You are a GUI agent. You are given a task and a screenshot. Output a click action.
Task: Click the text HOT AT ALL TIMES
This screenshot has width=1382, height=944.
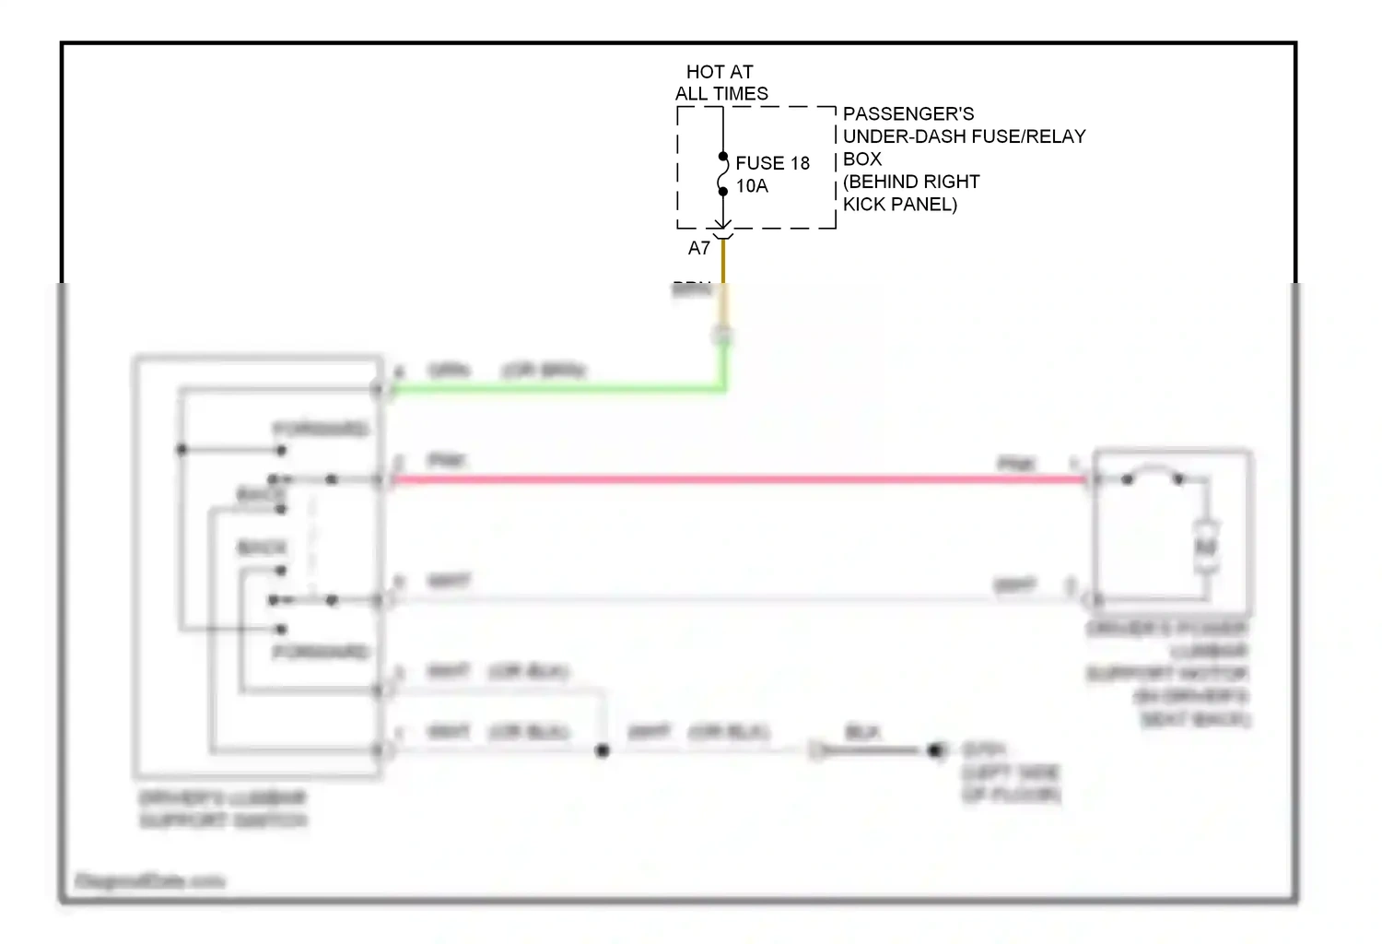[720, 83]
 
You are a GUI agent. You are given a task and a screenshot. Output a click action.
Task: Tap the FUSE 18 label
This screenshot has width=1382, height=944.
[772, 163]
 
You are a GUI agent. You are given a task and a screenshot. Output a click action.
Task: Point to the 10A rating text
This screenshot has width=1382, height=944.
[752, 186]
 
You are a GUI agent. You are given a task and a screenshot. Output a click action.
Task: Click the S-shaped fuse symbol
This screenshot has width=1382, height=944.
[723, 175]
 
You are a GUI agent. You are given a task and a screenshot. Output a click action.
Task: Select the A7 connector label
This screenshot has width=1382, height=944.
[699, 248]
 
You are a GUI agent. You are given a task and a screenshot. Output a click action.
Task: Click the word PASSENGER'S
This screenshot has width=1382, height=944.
[908, 114]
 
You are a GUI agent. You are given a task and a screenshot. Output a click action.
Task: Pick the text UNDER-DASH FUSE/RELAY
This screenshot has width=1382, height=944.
[964, 136]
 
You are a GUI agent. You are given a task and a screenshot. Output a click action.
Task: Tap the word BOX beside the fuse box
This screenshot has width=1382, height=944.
[862, 159]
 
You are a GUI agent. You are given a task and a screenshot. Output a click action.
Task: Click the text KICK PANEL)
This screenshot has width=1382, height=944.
[900, 204]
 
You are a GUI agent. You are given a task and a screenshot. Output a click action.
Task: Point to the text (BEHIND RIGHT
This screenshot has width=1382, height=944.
[911, 182]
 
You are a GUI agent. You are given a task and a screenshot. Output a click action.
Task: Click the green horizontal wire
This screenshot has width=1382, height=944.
[553, 390]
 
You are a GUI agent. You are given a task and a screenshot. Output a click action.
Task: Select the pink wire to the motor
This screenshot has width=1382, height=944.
[737, 479]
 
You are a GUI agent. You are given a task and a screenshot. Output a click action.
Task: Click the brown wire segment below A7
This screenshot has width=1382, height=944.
[723, 263]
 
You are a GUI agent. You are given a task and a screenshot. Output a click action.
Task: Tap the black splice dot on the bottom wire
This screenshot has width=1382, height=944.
[603, 751]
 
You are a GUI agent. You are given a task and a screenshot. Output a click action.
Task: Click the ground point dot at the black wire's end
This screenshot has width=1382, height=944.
[935, 750]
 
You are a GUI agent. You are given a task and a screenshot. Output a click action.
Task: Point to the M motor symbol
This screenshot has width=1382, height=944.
[1205, 547]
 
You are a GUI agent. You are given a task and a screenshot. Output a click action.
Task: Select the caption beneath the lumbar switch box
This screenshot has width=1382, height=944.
[223, 809]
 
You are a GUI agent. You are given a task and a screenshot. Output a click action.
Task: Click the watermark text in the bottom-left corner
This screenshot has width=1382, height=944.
[150, 881]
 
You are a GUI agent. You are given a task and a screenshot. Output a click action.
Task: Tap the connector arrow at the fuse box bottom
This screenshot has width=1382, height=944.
[723, 227]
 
